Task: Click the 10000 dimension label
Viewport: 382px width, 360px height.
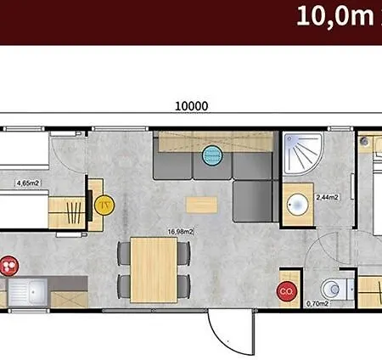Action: [192, 106]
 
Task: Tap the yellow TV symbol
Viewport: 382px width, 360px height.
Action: [104, 205]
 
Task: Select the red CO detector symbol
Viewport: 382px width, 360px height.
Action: [287, 291]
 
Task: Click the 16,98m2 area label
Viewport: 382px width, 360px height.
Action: [181, 232]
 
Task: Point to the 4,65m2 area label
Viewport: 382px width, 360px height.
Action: [28, 183]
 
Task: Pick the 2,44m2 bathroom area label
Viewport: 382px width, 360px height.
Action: [327, 197]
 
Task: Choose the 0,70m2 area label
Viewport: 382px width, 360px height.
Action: [317, 304]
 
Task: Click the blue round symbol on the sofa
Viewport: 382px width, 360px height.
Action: [212, 155]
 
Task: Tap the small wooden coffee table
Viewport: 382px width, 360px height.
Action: [201, 205]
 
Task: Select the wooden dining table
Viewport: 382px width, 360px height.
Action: [154, 270]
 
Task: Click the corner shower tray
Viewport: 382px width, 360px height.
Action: [303, 154]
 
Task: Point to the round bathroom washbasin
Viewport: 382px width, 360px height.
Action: [297, 204]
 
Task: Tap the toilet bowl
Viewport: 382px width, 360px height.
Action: [334, 289]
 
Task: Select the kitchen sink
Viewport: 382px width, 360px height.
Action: [28, 292]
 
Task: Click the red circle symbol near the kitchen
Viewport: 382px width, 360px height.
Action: [8, 266]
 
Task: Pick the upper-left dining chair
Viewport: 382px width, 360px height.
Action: [124, 253]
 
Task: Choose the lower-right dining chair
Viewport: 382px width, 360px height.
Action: [183, 286]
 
